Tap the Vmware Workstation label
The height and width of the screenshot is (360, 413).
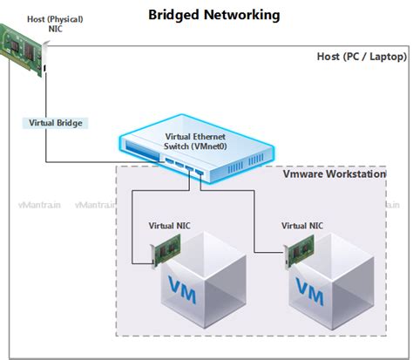tap(335, 174)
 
